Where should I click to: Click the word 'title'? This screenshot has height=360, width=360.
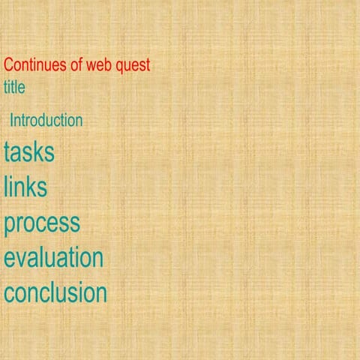14,87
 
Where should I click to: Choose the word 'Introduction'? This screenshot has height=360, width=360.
46,120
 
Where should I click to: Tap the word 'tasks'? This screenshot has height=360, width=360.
29,152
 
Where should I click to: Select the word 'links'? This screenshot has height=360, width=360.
25,187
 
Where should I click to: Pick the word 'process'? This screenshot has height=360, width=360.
41,223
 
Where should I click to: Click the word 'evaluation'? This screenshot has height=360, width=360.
53,257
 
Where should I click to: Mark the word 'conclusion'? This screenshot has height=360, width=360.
55,292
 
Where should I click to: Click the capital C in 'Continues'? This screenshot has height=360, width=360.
9,65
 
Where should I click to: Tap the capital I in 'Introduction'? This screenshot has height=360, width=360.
11,120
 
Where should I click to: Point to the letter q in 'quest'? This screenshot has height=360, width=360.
121,67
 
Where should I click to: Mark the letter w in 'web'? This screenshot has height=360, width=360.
94,66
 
